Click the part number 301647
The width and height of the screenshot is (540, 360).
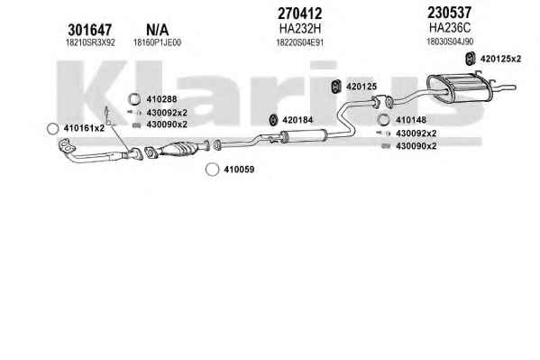pyautogui.click(x=90, y=30)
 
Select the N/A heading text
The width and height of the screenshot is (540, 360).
pyautogui.click(x=158, y=30)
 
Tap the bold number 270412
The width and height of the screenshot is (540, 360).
pyautogui.click(x=299, y=14)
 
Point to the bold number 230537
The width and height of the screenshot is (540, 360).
pyautogui.click(x=450, y=13)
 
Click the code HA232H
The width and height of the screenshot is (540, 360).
pyautogui.click(x=300, y=29)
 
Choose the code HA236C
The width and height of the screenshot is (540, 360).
pyautogui.click(x=450, y=27)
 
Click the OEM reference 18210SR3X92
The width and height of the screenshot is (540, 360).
pyautogui.click(x=90, y=42)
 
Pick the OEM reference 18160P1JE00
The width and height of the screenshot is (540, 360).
pyautogui.click(x=158, y=42)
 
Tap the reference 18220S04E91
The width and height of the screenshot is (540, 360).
pyautogui.click(x=300, y=42)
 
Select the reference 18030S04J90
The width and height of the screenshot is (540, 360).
pyautogui.click(x=450, y=42)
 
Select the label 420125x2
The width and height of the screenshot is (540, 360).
pyautogui.click(x=500, y=59)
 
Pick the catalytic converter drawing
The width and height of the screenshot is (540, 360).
pyautogui.click(x=178, y=150)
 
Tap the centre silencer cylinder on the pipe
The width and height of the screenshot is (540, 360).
pyautogui.click(x=303, y=135)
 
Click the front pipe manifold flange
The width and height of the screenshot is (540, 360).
pyautogui.click(x=67, y=146)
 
